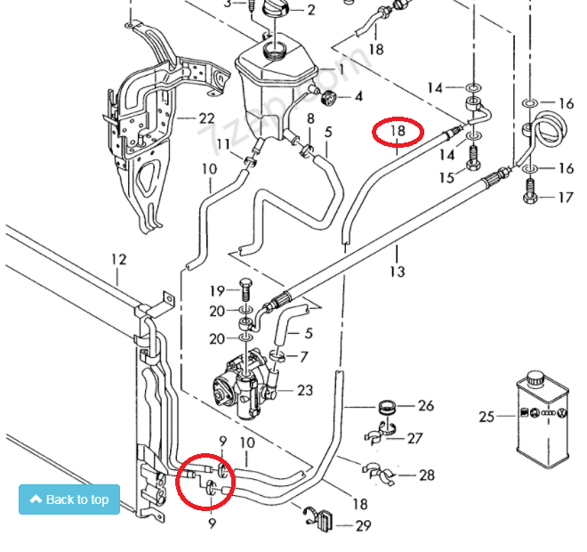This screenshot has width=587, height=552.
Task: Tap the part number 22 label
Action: [206, 118]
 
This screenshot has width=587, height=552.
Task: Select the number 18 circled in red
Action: [398, 132]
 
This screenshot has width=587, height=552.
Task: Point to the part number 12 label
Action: [119, 260]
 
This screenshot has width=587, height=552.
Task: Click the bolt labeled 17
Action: [531, 190]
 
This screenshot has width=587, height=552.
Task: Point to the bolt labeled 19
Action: [245, 290]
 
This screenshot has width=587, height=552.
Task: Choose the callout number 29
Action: [363, 525]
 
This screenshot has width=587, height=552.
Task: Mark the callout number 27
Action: [414, 437]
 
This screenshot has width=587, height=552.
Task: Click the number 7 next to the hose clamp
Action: [303, 356]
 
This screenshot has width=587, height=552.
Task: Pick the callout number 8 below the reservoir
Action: [310, 118]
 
